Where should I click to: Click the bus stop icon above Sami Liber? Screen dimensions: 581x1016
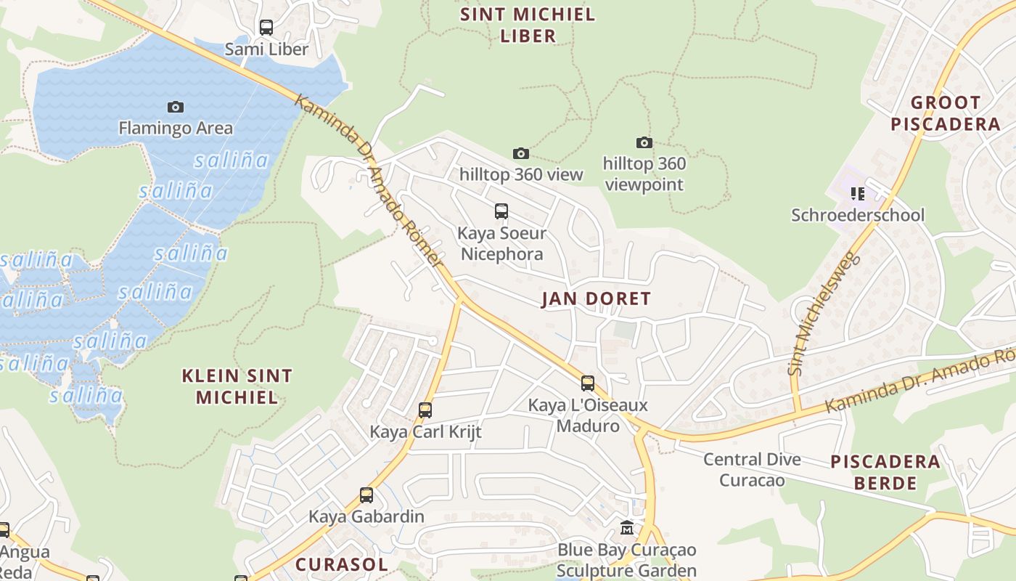[266, 28]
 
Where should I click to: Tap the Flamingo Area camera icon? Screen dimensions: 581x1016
[176, 107]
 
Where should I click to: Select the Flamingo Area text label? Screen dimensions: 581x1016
[176, 129]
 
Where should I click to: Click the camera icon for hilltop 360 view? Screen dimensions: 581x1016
[520, 153]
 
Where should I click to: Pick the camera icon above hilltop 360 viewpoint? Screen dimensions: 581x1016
[644, 142]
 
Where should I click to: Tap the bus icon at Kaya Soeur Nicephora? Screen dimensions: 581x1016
[501, 211]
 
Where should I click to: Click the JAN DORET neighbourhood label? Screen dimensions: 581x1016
[596, 298]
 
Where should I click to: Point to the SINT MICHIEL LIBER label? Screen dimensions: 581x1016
[528, 25]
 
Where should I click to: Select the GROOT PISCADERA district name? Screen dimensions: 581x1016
[945, 113]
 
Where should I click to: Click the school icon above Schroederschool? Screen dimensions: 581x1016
[858, 193]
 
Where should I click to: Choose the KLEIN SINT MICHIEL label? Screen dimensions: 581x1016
[237, 386]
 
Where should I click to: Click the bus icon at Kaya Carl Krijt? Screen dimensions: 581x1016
[425, 410]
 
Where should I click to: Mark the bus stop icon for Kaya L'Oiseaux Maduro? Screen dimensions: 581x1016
[588, 383]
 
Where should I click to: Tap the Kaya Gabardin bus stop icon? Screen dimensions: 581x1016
[366, 495]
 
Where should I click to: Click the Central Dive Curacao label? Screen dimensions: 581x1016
[752, 470]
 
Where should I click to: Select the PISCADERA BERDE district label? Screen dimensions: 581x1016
[885, 472]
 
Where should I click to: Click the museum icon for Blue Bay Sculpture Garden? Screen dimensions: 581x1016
[627, 528]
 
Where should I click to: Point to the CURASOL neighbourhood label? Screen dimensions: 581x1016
[341, 564]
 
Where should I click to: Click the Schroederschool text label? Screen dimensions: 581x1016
[858, 215]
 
